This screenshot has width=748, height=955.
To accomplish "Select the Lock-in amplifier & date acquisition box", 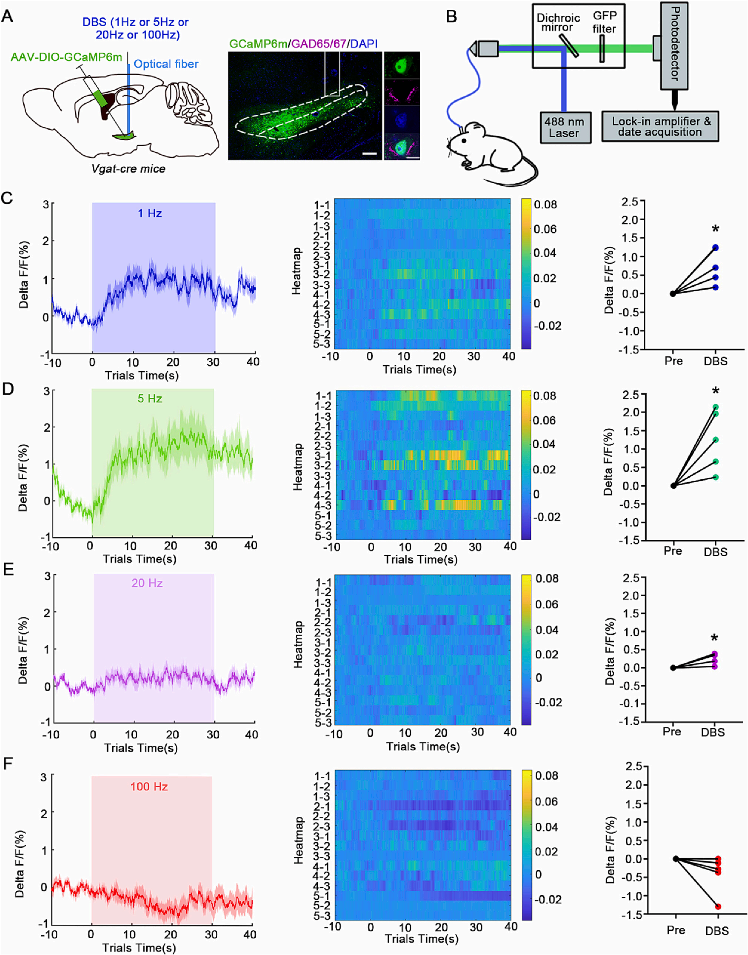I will pos(660,127).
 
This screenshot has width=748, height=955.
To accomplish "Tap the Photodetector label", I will pos(674,44).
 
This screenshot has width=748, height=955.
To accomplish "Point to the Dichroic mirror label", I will pos(558,22).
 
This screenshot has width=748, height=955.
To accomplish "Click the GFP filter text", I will pos(604,22).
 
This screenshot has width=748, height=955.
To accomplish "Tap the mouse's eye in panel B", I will pos(464,140).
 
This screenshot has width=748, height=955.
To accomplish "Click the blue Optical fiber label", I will pos(166,64).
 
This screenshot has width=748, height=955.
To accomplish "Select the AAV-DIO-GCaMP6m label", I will pos(66,57).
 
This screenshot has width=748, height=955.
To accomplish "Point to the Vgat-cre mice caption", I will pos(128,169).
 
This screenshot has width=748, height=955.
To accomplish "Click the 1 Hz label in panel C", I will pos(150,213).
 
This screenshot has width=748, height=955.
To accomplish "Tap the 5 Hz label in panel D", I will pos(148,398).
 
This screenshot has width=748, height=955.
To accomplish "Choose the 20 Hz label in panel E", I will pos(147,583).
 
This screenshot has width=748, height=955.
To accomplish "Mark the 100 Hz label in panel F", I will pos(149,787).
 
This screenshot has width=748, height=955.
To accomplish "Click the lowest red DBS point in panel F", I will pos(718,907).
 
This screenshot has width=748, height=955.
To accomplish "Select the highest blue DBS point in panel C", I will pos(715,248).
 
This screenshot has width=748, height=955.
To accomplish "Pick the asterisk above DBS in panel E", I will pos(714,638).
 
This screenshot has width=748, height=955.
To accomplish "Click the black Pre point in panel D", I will pos(673,486).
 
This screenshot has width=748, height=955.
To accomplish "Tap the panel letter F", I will pos(7,764).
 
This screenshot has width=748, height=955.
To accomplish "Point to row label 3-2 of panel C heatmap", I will pos(321,274).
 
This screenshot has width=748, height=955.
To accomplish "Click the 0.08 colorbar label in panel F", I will pos(547,775).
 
